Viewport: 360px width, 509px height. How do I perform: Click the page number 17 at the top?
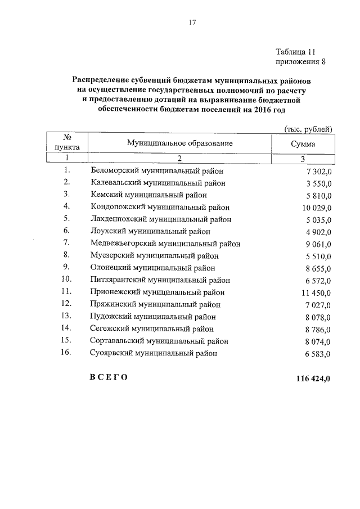(192, 22)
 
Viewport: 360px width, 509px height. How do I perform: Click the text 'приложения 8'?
(300, 61)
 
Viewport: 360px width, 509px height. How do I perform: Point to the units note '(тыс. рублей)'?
(308, 129)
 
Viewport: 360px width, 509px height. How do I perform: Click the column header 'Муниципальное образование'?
(179, 143)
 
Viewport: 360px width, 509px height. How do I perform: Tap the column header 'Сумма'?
(303, 144)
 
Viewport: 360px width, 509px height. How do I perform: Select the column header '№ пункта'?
(67, 143)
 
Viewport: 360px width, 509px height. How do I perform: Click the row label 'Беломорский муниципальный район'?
(157, 170)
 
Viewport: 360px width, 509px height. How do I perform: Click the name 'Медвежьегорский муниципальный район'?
(165, 244)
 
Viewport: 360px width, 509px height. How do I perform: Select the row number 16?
(66, 353)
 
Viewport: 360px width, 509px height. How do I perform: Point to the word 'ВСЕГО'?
(109, 377)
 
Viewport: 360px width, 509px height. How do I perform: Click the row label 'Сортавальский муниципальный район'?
(159, 341)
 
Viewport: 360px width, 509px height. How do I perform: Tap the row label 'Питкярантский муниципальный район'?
(160, 280)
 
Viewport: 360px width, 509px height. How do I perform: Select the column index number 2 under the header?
(179, 159)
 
